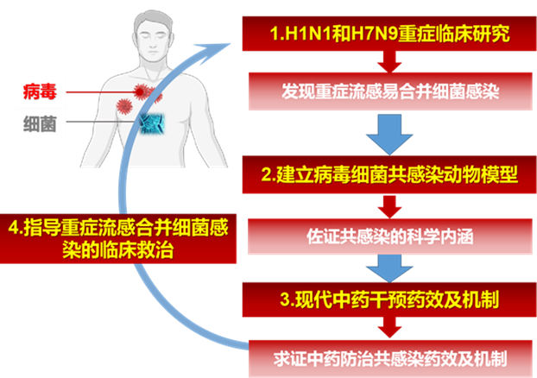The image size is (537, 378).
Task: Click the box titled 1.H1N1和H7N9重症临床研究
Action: click(x=389, y=35)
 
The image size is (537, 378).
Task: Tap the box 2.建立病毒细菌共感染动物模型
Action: click(x=389, y=175)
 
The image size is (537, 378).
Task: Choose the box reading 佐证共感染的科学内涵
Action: click(x=389, y=232)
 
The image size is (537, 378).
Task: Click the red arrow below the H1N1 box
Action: click(x=388, y=61)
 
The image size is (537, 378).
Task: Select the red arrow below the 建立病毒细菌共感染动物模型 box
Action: click(x=388, y=205)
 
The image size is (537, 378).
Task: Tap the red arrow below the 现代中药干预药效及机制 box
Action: click(x=388, y=328)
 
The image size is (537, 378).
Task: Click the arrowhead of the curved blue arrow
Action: click(x=227, y=42)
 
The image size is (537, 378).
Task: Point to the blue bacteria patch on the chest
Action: click(x=154, y=123)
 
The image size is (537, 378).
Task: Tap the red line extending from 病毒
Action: click(x=99, y=91)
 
